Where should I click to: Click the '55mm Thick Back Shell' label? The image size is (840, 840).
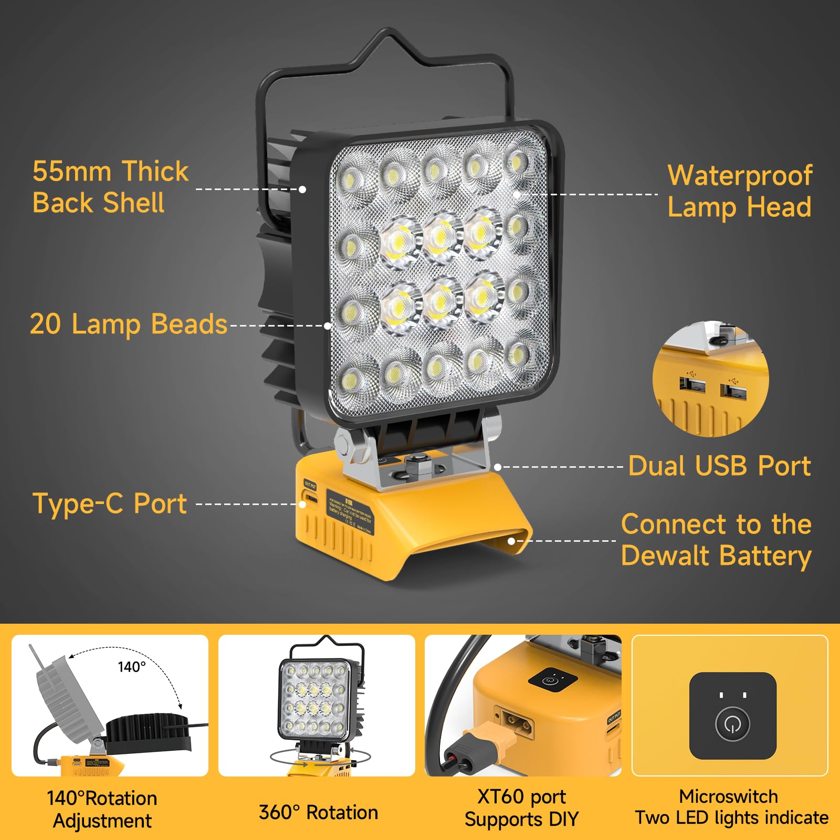pos(110,187)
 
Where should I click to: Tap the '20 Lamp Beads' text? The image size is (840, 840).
pos(128,324)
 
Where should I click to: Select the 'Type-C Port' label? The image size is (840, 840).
pos(110,504)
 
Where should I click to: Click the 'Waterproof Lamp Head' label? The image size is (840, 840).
pos(739,191)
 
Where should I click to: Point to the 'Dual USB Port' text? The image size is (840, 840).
pos(719,466)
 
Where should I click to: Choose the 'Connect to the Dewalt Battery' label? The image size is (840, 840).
pos(716,540)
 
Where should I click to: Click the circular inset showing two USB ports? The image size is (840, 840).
pos(710,380)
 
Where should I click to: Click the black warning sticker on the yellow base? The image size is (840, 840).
pos(350,512)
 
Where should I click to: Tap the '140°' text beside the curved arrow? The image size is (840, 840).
pos(131,667)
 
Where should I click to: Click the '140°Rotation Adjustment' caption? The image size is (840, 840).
pos(102,810)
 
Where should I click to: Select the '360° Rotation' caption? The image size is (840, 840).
pos(318,812)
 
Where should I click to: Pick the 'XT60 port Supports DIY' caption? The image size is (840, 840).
pos(521,808)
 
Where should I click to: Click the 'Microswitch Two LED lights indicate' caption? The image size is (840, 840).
pos(731,807)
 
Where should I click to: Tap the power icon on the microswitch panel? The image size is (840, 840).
pos(732,725)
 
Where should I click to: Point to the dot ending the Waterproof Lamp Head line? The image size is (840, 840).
pos(517,194)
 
